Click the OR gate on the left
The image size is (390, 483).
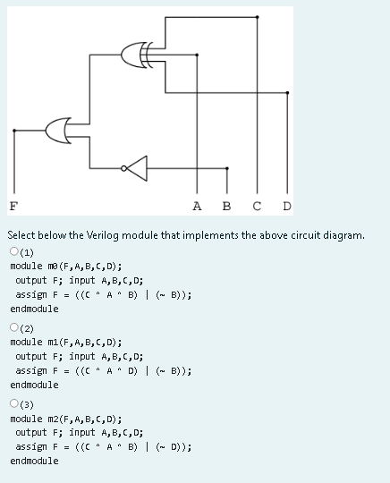[x=64, y=131]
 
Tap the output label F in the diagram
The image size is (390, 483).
[x=13, y=205]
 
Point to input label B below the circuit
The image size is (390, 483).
[x=225, y=205]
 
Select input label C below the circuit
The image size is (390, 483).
[x=257, y=205]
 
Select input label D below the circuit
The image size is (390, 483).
[x=286, y=205]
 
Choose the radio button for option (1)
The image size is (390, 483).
[x=14, y=253]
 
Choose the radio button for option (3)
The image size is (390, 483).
[x=14, y=405]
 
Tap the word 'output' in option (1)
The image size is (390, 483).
[x=31, y=280]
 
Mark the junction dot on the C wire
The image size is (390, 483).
[x=258, y=17]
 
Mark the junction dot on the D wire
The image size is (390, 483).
[x=287, y=92]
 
